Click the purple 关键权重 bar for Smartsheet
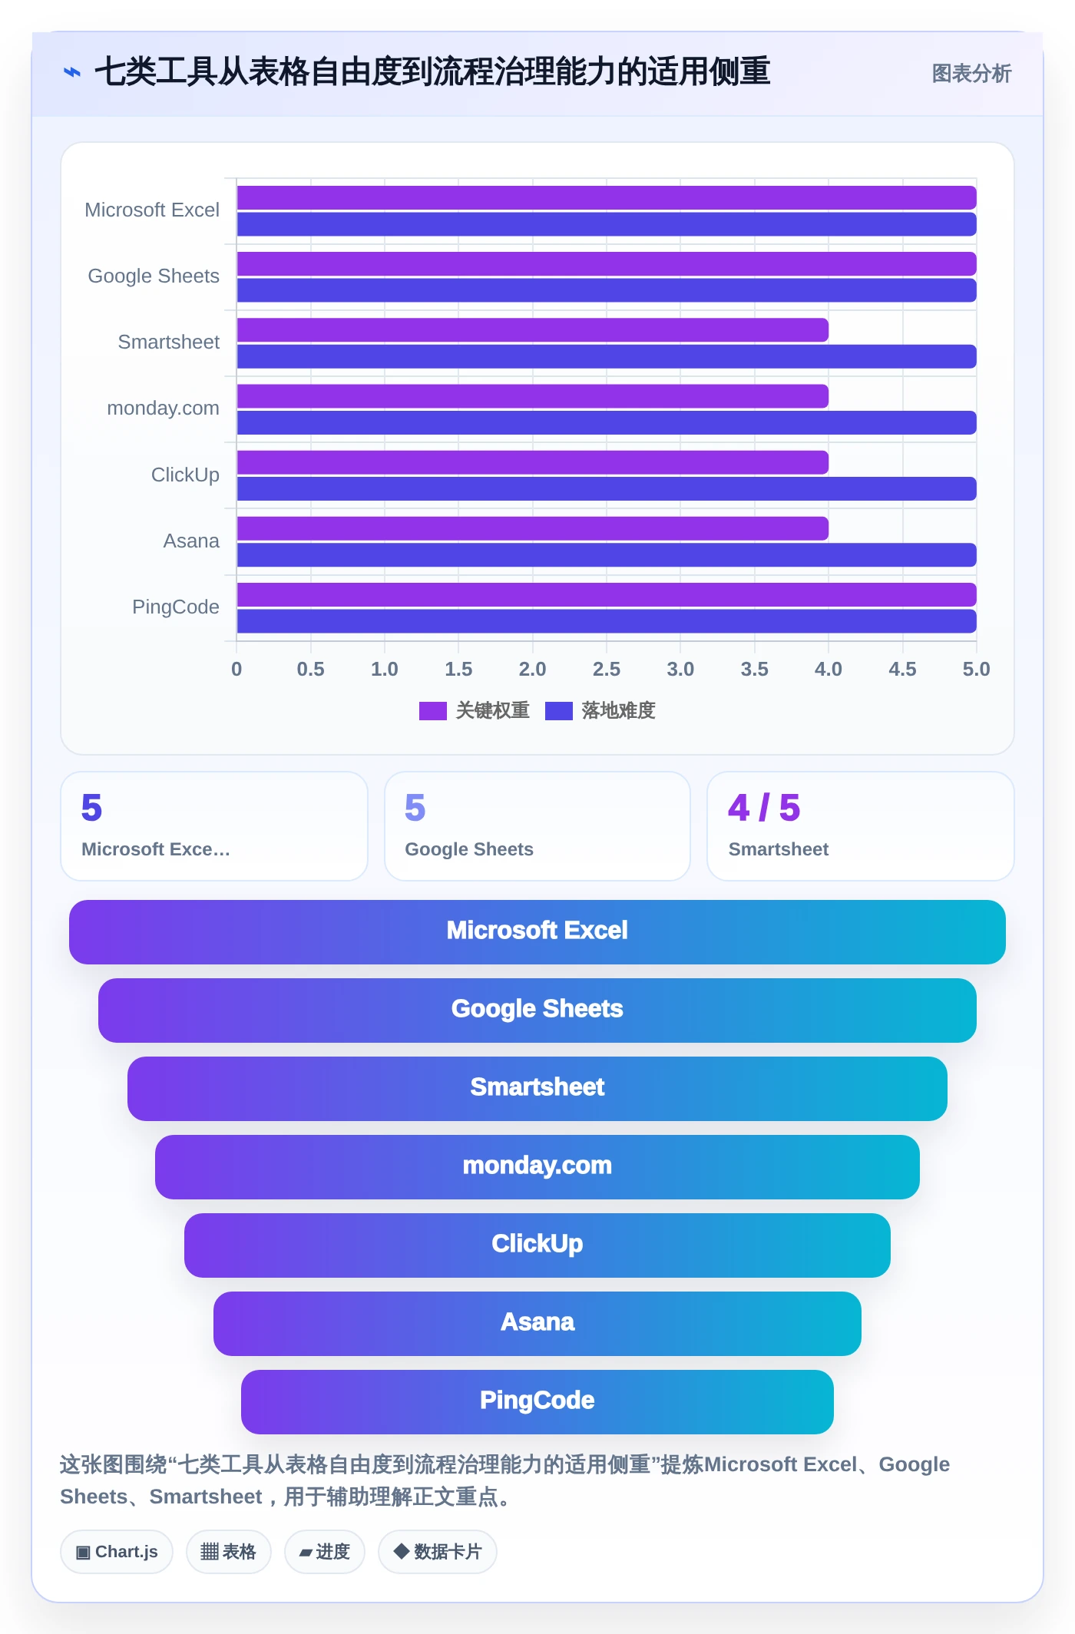click(532, 330)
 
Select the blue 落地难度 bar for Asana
click(607, 555)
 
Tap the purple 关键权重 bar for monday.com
click(532, 396)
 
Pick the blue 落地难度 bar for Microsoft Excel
click(607, 224)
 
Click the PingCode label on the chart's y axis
click(176, 607)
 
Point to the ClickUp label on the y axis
click(185, 475)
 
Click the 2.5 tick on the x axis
click(607, 670)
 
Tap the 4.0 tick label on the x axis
click(829, 670)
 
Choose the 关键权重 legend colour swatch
click(433, 711)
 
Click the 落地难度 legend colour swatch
click(559, 711)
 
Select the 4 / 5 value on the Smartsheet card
click(764, 808)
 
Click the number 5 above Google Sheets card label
click(415, 808)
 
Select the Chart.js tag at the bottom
click(117, 1552)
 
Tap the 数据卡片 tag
click(438, 1552)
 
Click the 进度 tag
click(325, 1552)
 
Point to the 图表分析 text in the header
click(971, 74)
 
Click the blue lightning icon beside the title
click(72, 72)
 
